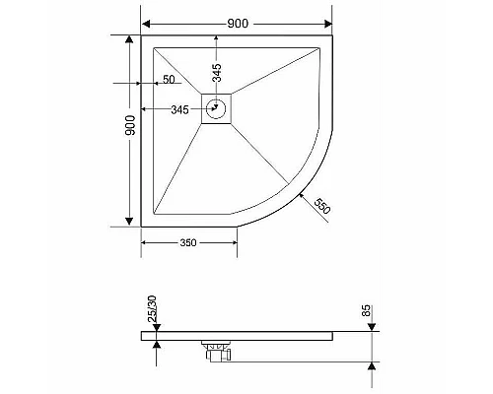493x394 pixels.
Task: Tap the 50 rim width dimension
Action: (169, 80)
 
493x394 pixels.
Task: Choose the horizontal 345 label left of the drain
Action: (179, 109)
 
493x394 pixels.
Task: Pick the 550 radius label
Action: (321, 206)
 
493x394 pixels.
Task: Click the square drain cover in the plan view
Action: (217, 108)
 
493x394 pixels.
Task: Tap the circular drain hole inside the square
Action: (218, 109)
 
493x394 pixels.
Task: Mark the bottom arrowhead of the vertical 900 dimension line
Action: (129, 221)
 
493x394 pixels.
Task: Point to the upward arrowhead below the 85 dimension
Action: (372, 365)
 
